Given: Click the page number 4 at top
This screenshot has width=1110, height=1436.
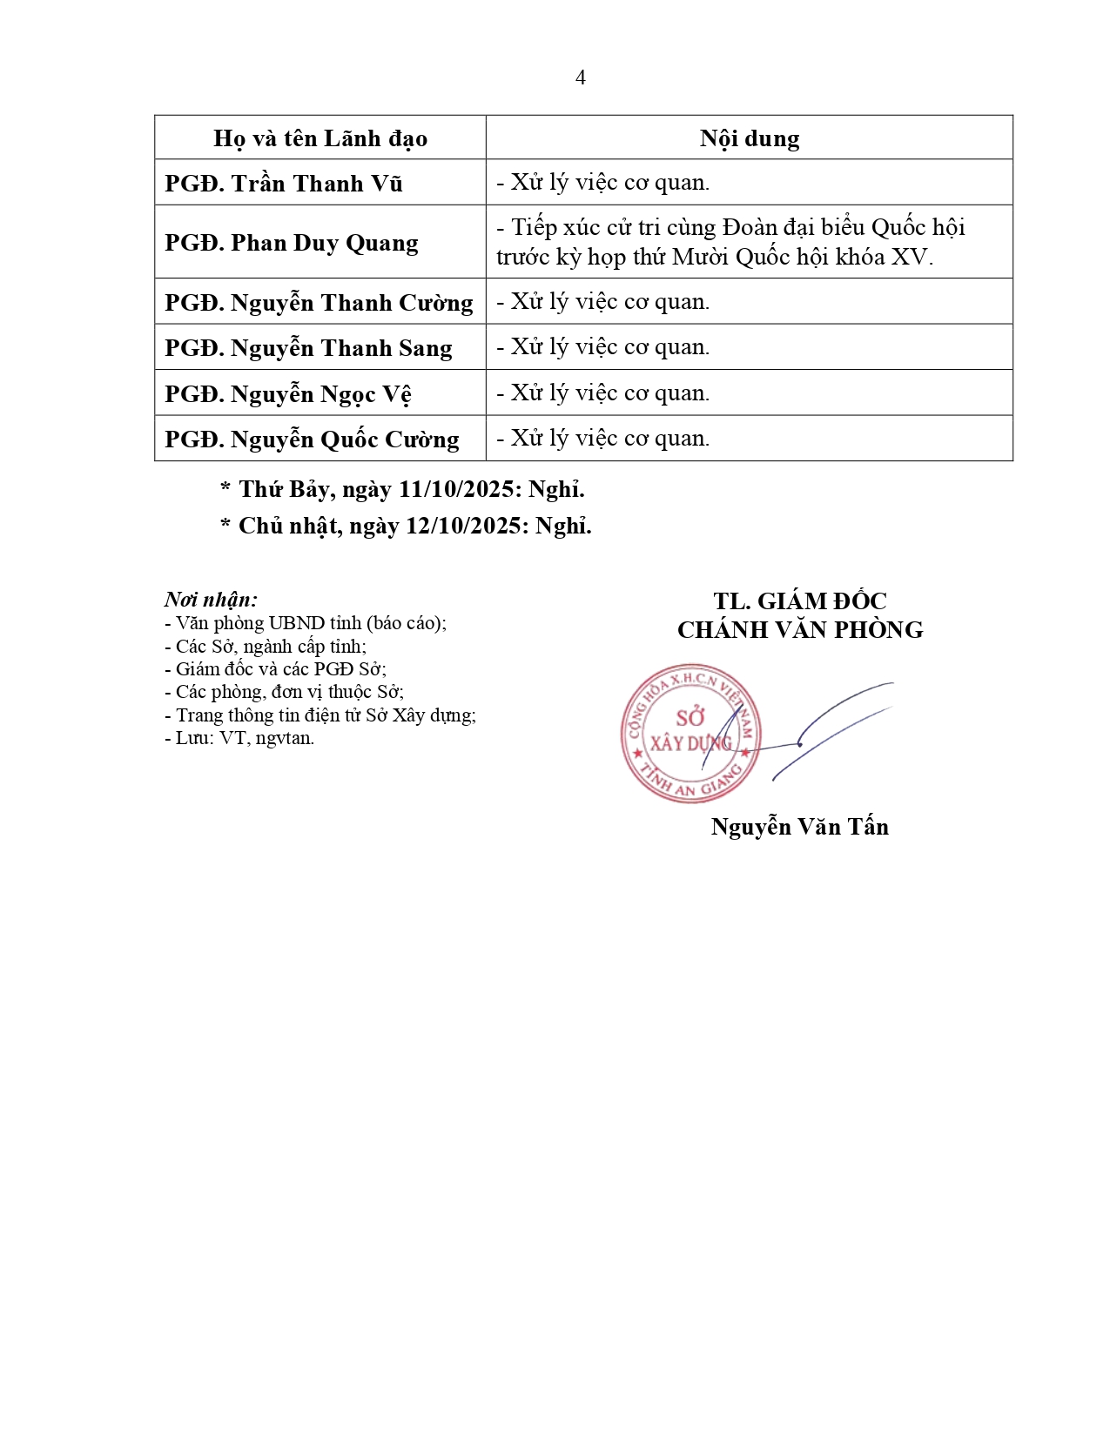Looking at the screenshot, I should [580, 78].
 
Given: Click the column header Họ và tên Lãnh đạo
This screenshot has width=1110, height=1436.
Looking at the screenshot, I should [320, 138].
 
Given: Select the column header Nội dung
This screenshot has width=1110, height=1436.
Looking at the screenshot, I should [749, 138].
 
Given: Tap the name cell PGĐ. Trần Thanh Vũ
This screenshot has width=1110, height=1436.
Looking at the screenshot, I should [284, 184].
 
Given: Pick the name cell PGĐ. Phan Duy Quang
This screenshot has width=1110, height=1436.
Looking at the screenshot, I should [292, 243].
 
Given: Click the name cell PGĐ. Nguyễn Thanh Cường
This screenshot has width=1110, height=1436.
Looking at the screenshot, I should [319, 303].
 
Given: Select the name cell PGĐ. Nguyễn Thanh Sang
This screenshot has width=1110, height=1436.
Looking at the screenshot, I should [308, 348].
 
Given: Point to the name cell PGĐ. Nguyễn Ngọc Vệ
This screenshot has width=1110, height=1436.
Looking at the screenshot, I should [288, 394].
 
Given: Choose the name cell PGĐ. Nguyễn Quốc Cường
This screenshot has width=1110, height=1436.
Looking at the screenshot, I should [312, 440].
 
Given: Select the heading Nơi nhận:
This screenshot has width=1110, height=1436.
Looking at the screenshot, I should [211, 600].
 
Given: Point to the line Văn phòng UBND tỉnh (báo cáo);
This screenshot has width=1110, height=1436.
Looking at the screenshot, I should [306, 623].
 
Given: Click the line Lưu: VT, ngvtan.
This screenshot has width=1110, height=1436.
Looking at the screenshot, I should [239, 738].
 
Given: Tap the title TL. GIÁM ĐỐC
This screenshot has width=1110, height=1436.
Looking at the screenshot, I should [799, 601].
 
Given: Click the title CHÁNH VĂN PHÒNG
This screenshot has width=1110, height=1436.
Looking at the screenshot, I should [800, 630].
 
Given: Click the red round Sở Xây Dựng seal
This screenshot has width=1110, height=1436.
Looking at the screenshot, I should [690, 734].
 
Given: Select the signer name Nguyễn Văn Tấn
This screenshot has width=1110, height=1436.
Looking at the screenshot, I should [799, 827].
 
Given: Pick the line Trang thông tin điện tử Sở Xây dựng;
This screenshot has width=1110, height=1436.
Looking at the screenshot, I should [320, 715].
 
